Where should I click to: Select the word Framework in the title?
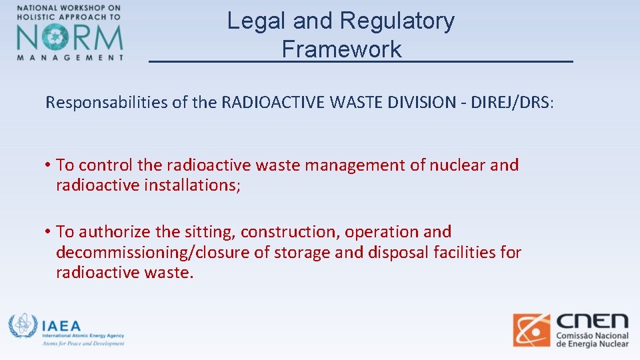coord(341,49)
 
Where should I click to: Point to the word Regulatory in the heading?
coord(397,21)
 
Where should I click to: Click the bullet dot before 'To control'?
coord(49,165)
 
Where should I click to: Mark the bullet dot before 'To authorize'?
coord(49,232)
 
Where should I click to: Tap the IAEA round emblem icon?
coord(22,326)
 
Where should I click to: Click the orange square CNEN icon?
coord(531,330)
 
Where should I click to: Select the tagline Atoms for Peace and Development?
coord(83,343)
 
